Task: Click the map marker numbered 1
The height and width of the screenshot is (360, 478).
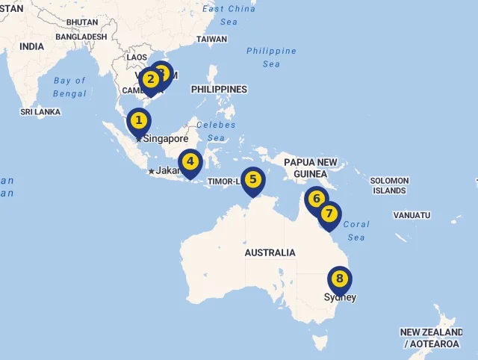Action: [138, 120]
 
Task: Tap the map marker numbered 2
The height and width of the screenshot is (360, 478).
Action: [150, 79]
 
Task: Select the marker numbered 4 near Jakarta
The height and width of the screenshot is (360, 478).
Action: [190, 161]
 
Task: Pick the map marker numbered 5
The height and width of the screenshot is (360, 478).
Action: [253, 179]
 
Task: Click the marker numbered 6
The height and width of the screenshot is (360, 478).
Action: [317, 199]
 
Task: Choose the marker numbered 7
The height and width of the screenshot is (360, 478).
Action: [329, 214]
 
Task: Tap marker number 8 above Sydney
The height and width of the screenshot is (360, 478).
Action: [340, 279]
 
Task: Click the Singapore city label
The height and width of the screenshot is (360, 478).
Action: [166, 138]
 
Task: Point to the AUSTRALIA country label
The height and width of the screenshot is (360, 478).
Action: [270, 252]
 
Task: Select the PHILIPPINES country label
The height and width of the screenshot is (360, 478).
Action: [219, 90]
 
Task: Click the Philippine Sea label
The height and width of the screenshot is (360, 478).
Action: [271, 58]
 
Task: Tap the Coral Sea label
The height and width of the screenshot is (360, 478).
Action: [356, 231]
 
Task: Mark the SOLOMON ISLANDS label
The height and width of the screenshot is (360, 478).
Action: [389, 185]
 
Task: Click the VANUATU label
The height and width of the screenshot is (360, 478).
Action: [412, 215]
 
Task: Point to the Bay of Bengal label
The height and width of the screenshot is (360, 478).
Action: [69, 87]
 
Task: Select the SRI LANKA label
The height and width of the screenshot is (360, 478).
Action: [40, 112]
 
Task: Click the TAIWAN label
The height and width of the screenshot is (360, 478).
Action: [211, 39]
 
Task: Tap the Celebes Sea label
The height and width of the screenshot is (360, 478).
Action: [216, 131]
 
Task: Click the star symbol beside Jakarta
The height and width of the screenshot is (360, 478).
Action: [152, 171]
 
